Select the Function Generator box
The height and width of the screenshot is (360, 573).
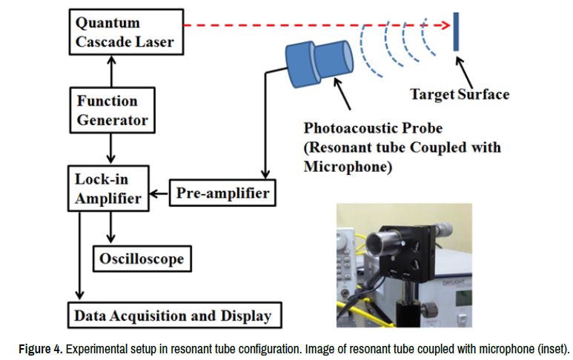112,110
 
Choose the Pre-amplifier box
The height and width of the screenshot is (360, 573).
223,194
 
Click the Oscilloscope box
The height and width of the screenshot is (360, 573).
141,259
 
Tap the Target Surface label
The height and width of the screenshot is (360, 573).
460,94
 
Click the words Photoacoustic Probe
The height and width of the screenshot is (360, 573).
368,127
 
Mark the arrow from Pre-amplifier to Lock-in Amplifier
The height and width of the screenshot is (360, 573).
159,196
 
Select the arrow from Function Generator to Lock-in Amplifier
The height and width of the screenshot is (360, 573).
111,149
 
